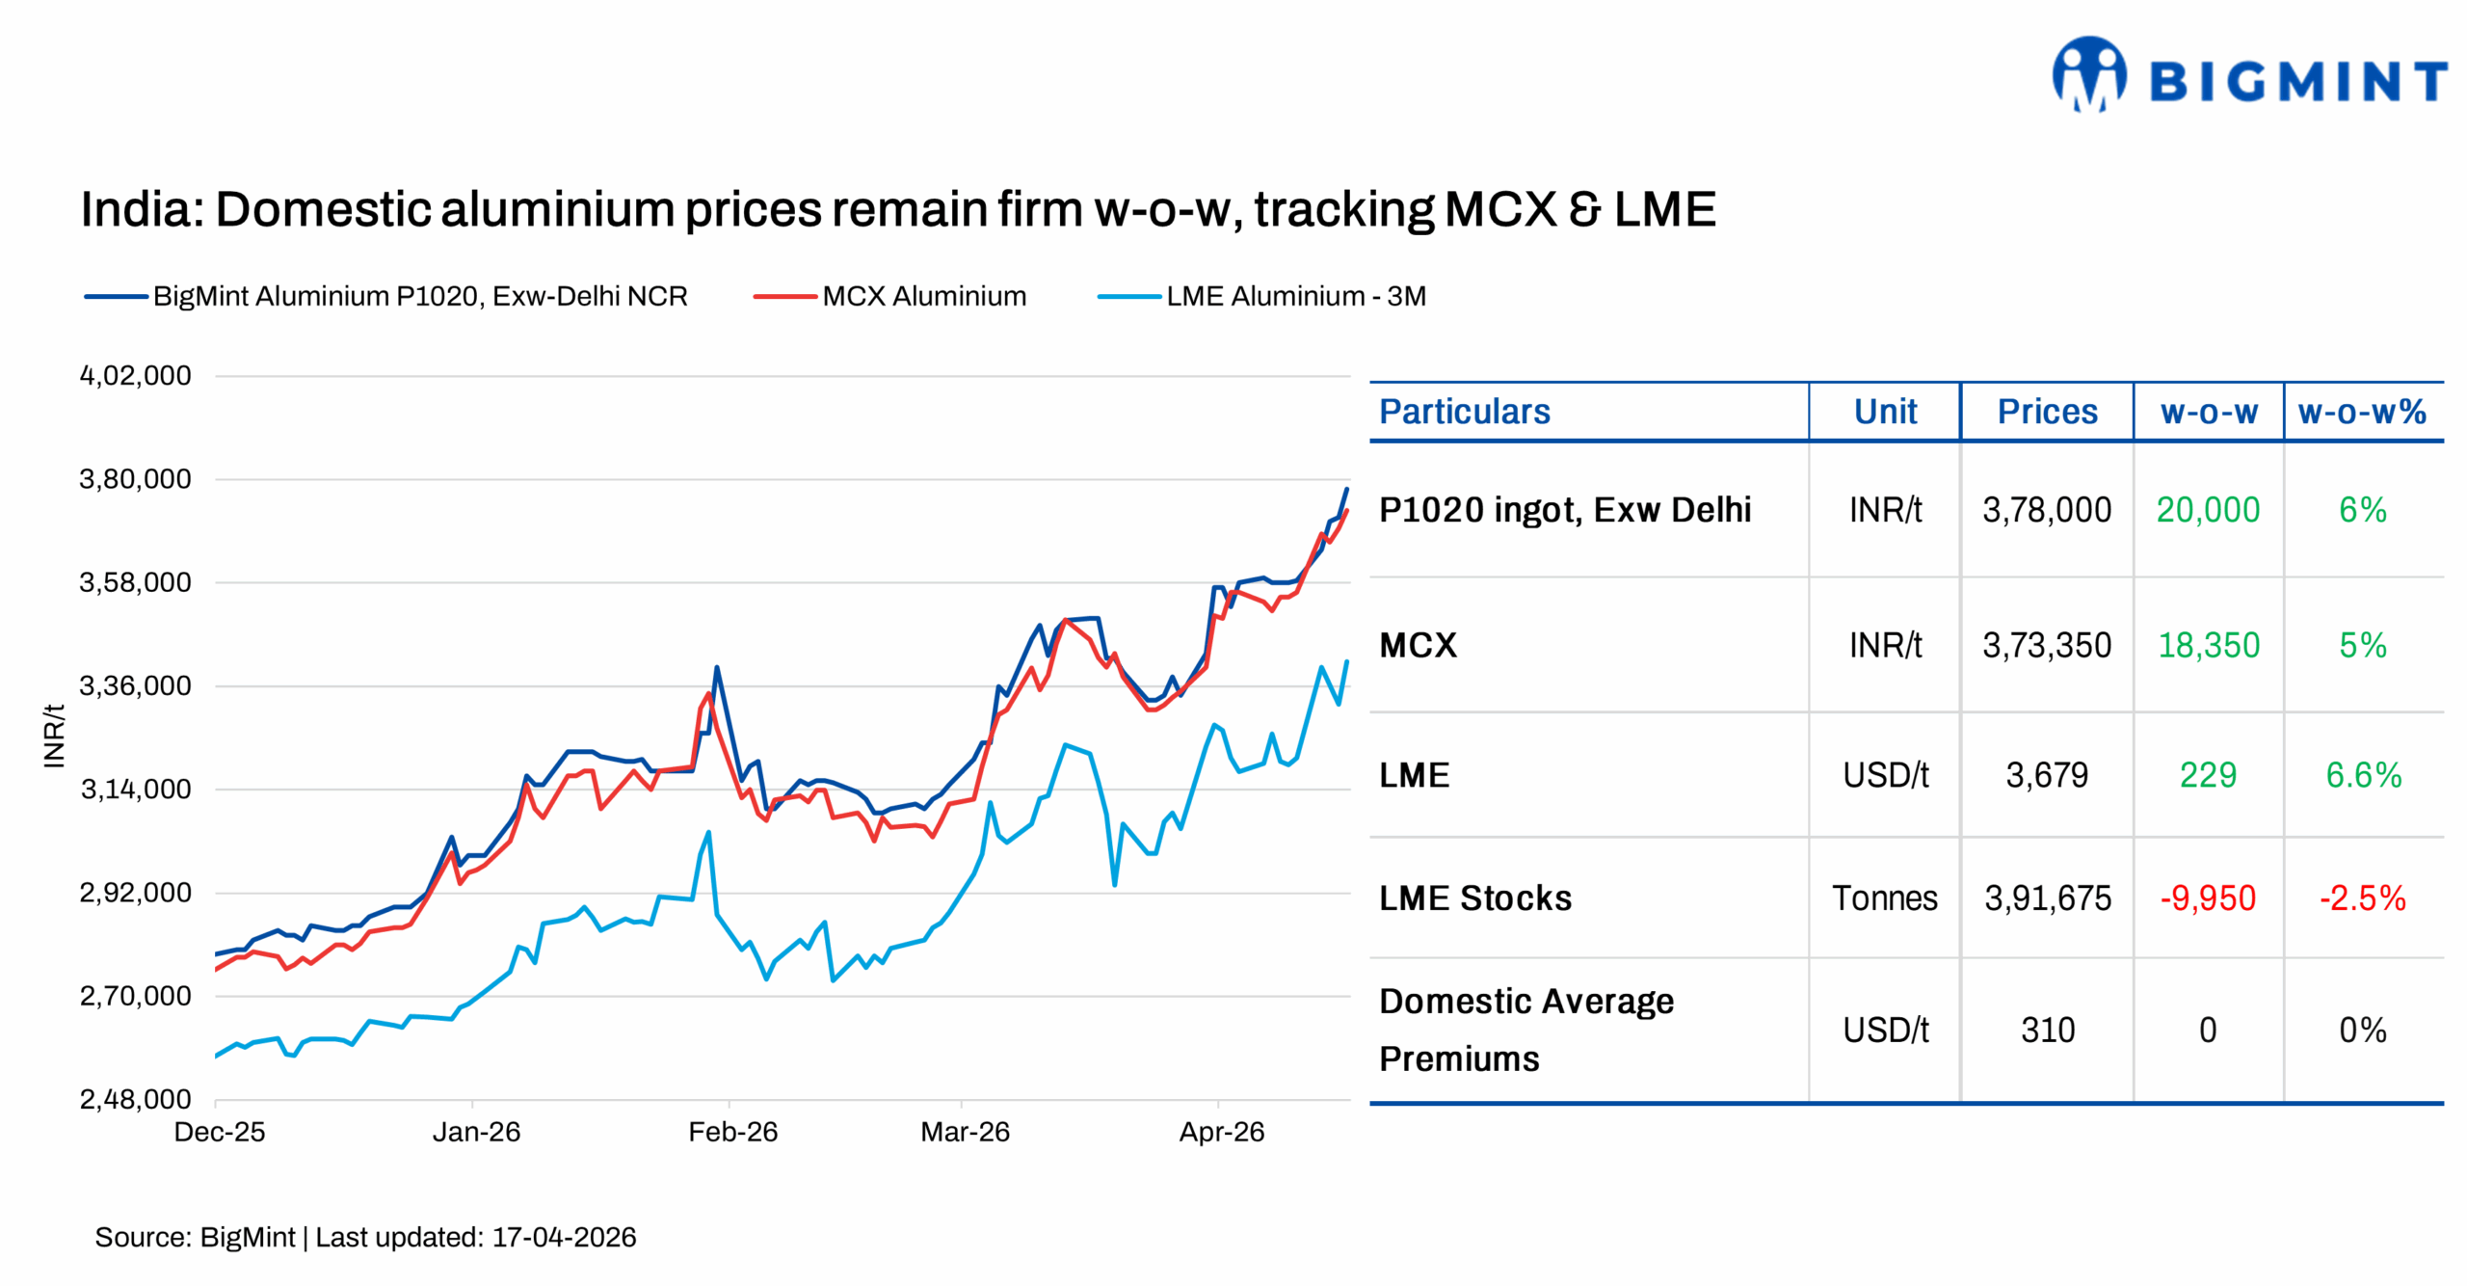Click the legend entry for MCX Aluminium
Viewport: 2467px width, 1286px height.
(922, 296)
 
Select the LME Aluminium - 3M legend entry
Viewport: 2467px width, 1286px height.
(1294, 296)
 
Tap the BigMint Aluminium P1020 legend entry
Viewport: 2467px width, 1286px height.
(419, 296)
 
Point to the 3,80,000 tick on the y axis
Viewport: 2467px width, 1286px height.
(136, 479)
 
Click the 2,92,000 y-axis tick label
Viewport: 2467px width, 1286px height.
(136, 893)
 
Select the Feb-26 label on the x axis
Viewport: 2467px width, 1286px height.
(732, 1132)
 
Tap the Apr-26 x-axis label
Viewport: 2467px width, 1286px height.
(1221, 1132)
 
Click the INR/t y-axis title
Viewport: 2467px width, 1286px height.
(54, 736)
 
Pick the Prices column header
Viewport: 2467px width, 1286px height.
(2047, 412)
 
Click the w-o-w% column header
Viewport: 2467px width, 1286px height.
(2361, 412)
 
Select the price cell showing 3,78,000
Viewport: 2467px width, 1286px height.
(2046, 510)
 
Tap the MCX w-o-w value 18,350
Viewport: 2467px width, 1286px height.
(2208, 645)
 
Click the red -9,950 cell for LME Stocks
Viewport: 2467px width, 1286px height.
(2207, 898)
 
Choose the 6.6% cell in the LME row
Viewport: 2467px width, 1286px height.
(2363, 775)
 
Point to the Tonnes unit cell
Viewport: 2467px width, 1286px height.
(1884, 898)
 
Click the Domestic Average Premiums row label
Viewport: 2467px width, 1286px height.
(1525, 1030)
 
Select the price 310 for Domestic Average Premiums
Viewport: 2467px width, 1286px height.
(2047, 1031)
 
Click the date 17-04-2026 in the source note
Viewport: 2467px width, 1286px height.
(564, 1237)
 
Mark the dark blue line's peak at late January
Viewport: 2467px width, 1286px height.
(716, 667)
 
